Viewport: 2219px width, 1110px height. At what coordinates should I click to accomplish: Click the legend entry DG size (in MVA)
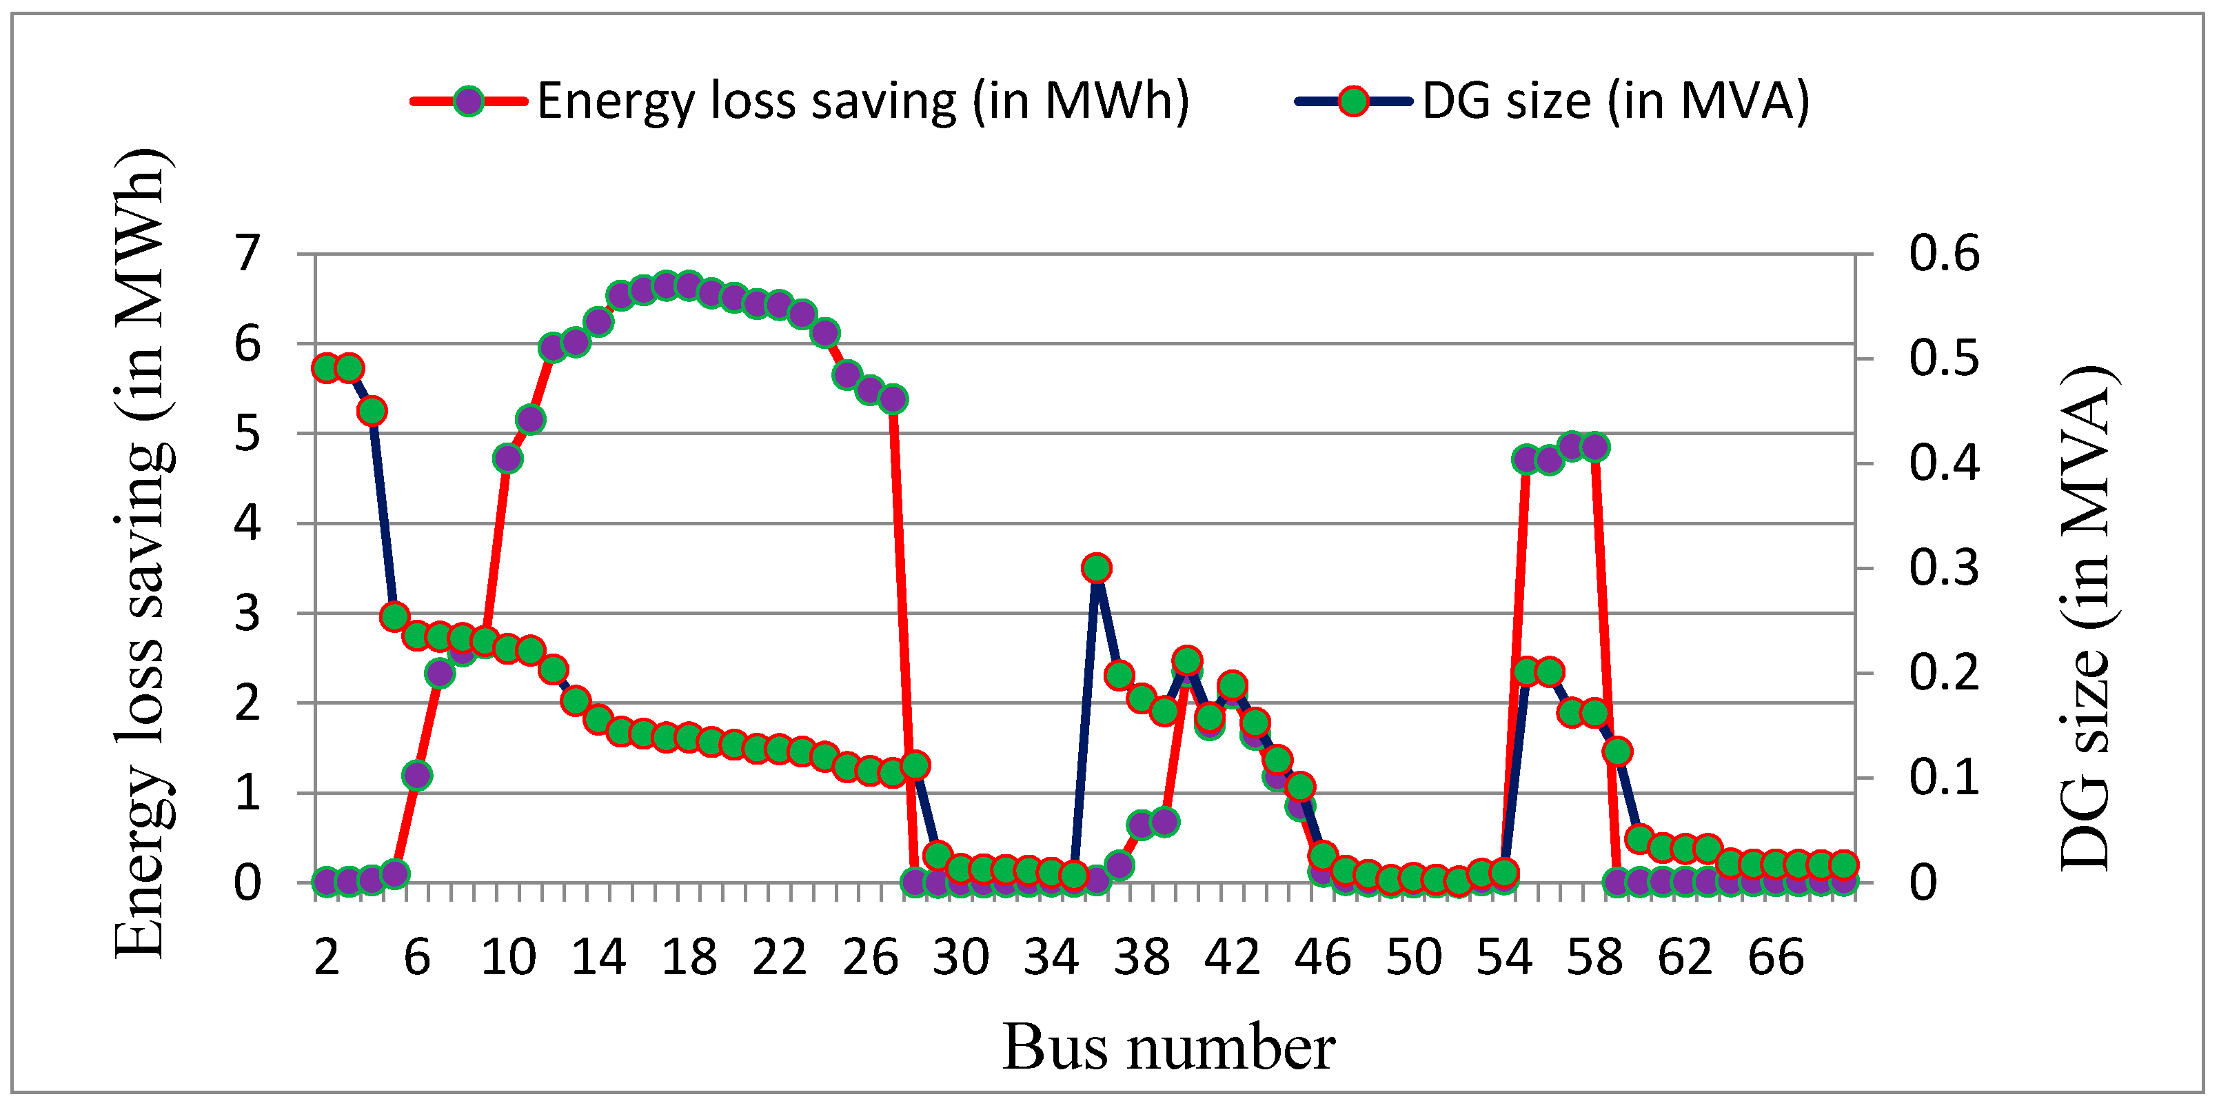[1616, 102]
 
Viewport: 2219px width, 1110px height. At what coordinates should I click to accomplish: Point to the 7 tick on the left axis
[247, 254]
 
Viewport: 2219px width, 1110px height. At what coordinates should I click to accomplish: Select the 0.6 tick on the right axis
[1943, 254]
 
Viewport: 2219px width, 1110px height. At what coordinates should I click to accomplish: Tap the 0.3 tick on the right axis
[1943, 569]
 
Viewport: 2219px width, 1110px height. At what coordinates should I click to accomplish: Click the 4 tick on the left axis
[247, 523]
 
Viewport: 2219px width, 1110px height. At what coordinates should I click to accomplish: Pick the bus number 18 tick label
[689, 958]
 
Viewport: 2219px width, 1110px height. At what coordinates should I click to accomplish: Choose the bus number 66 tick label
[1775, 958]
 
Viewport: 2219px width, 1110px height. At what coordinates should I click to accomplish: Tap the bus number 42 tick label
[1232, 958]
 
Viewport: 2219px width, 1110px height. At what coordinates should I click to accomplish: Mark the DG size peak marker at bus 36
[1097, 568]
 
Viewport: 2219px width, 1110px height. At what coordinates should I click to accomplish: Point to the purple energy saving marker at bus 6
[417, 775]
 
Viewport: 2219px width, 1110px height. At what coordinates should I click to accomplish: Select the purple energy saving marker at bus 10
[507, 458]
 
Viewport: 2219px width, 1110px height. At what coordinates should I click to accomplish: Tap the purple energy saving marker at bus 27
[893, 399]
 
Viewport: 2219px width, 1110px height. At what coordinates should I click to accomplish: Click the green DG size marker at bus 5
[394, 616]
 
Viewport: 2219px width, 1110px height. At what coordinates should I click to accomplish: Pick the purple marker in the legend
[469, 102]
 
